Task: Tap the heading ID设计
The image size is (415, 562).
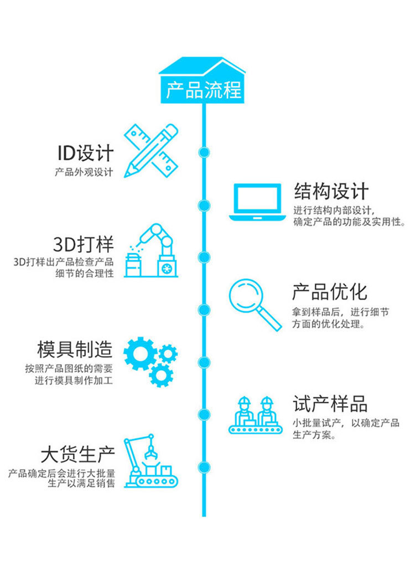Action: click(x=85, y=153)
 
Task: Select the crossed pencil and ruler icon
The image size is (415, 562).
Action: click(x=151, y=151)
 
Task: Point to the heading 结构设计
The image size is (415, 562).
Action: click(x=331, y=191)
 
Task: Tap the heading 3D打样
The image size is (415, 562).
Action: click(x=83, y=244)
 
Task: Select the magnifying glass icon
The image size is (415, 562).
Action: click(x=253, y=303)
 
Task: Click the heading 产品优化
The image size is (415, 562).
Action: click(x=329, y=291)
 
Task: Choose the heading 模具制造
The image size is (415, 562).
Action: click(x=75, y=349)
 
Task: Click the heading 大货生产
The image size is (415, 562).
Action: click(x=77, y=455)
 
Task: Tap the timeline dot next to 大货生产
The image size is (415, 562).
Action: click(x=204, y=465)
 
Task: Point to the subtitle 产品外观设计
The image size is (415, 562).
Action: click(x=84, y=172)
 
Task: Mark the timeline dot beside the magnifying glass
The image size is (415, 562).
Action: click(x=204, y=308)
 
